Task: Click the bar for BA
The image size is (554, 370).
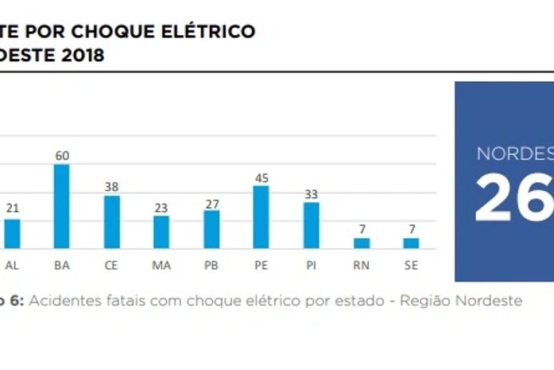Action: click(62, 207)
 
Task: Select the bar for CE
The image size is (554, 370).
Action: click(112, 222)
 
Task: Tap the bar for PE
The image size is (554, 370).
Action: click(261, 217)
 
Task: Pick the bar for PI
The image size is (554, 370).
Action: click(311, 225)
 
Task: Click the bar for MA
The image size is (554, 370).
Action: click(161, 232)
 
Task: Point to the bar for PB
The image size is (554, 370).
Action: click(211, 229)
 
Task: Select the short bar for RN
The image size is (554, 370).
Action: click(362, 243)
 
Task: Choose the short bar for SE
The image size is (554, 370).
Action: click(410, 243)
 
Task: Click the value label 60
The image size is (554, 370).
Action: click(62, 156)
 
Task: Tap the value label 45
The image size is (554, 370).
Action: click(261, 177)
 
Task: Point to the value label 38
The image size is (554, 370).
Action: click(112, 187)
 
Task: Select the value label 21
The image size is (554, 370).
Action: click(13, 208)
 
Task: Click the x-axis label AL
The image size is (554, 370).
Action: click(13, 265)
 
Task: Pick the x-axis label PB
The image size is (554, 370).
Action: click(211, 265)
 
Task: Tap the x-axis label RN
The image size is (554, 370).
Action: click(361, 265)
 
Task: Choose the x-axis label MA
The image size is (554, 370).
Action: click(161, 265)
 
